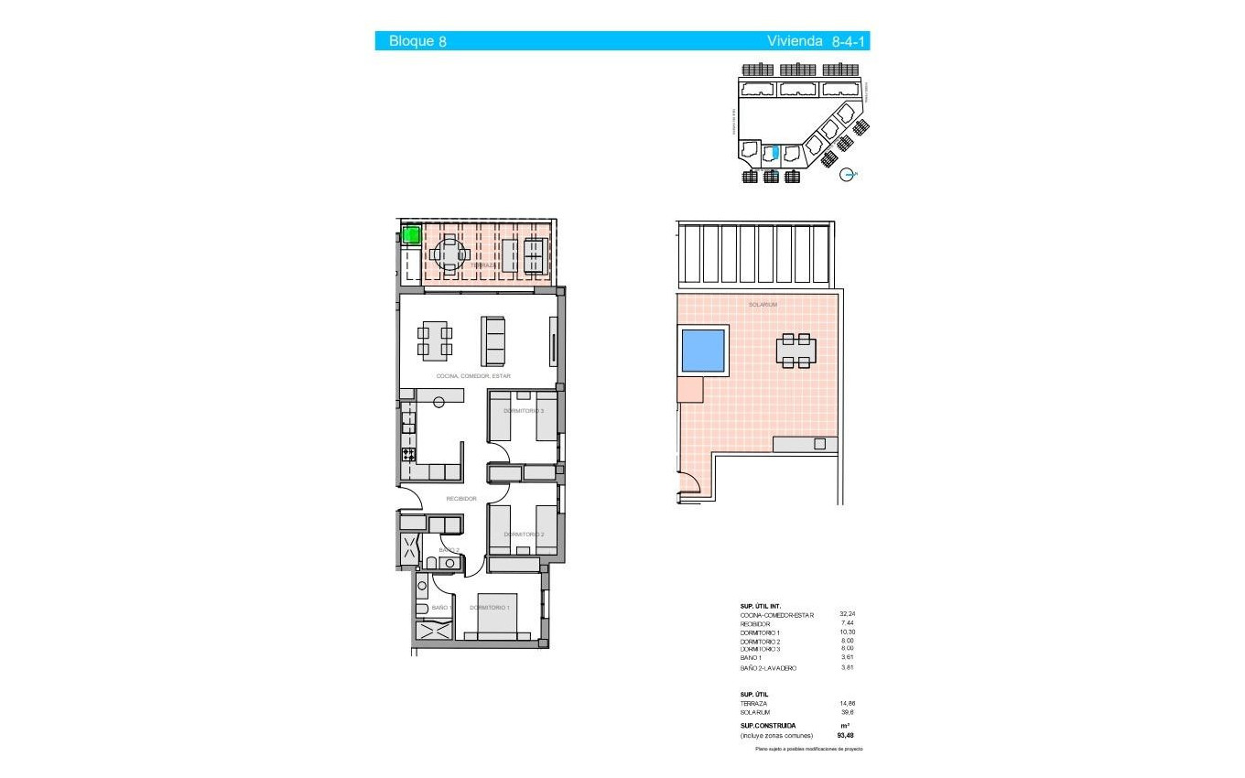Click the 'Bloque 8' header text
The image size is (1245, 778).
point(417,41)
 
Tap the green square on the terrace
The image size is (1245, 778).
point(411,235)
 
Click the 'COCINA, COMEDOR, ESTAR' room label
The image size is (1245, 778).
point(473,376)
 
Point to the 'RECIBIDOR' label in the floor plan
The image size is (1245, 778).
point(460,499)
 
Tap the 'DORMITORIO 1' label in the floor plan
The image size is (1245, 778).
point(490,608)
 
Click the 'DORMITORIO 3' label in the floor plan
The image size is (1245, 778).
point(524,411)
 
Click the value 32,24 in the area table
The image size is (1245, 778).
point(848,614)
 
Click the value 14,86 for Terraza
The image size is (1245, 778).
point(848,703)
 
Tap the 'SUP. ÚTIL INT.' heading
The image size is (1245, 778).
point(759,606)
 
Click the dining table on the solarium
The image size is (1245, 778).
point(796,351)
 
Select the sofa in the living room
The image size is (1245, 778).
point(493,340)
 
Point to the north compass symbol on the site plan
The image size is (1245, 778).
point(849,174)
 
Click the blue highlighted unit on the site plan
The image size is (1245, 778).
point(776,154)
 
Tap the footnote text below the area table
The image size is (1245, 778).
point(808,749)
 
